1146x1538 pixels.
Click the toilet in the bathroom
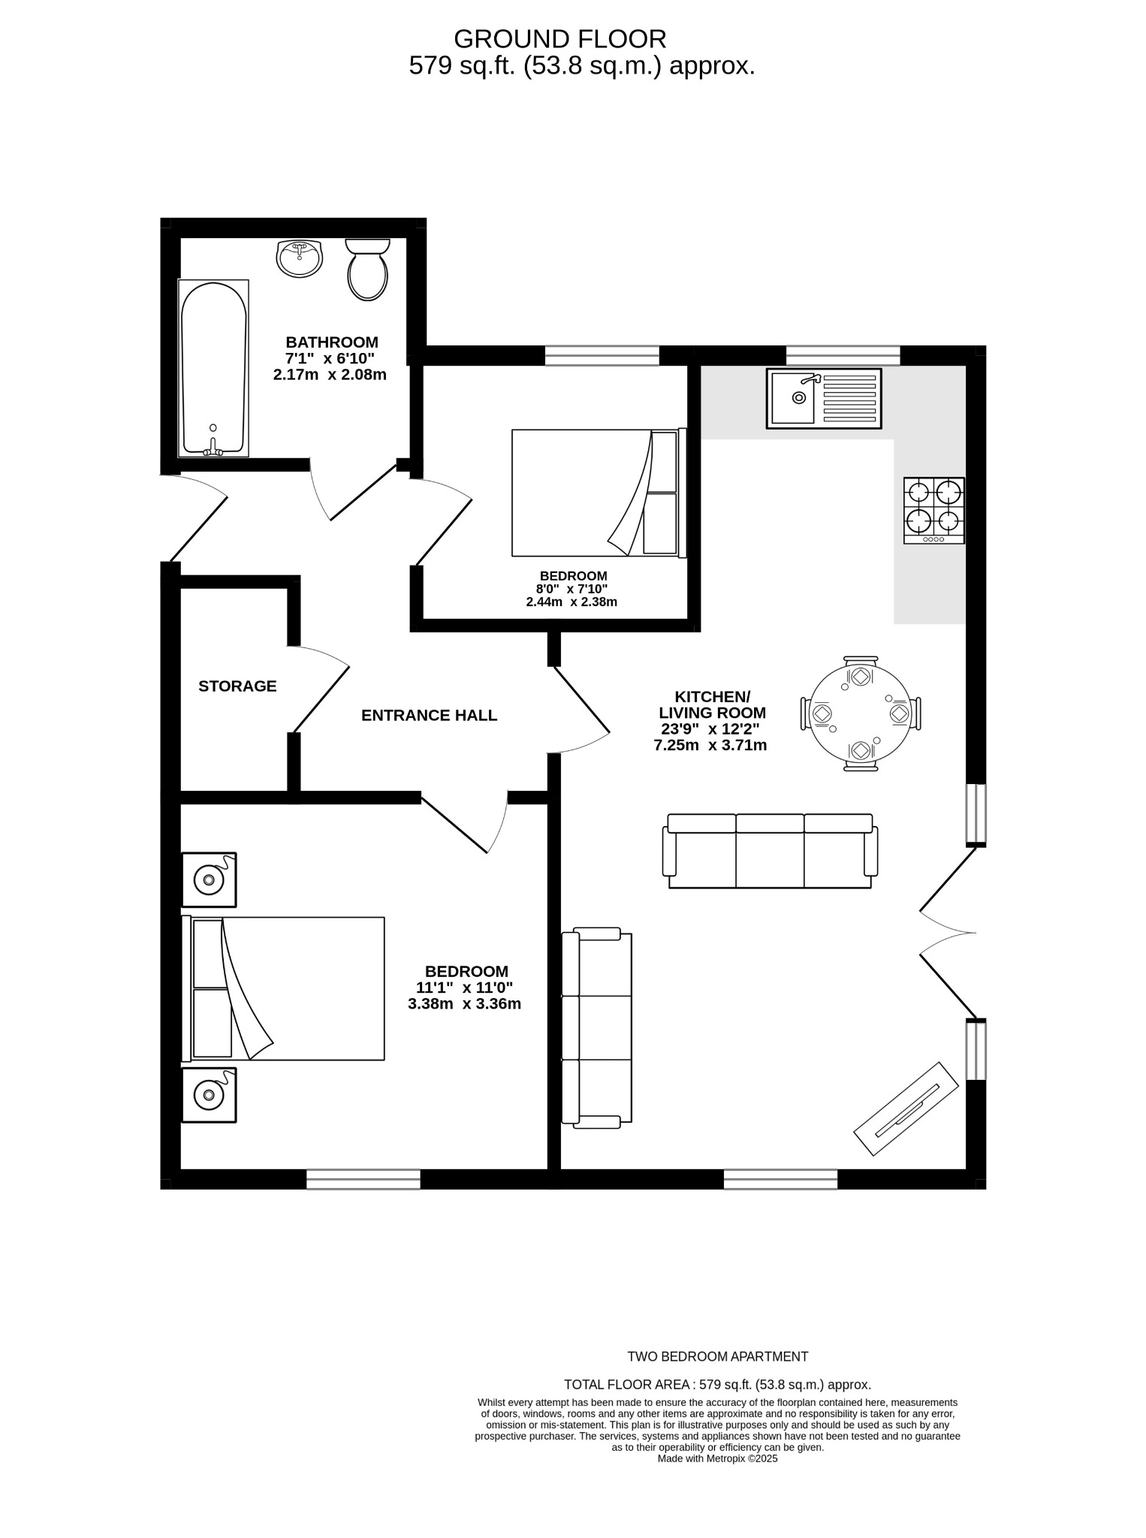tap(367, 270)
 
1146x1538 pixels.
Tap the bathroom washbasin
tap(299, 258)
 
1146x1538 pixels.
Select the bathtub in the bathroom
tap(213, 368)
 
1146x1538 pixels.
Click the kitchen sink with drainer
tap(823, 398)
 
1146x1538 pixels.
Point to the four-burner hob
tap(933, 511)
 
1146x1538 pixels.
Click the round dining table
tap(861, 713)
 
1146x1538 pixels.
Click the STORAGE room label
tap(237, 686)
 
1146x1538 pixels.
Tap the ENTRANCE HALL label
tap(429, 716)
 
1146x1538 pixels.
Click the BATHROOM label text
tap(331, 342)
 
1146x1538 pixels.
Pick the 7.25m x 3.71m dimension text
tap(710, 746)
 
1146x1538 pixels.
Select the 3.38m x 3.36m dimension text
tap(464, 1004)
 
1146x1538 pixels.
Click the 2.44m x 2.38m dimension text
tap(571, 602)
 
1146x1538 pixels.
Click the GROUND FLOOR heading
tap(559, 38)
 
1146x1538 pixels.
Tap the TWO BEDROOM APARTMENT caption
tap(717, 1356)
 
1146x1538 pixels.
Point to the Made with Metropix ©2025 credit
tap(717, 1458)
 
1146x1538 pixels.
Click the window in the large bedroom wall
tap(363, 1179)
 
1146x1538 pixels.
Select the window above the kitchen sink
tap(843, 355)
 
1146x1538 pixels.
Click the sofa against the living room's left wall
tap(597, 1028)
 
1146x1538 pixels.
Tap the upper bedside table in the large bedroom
tap(210, 879)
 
